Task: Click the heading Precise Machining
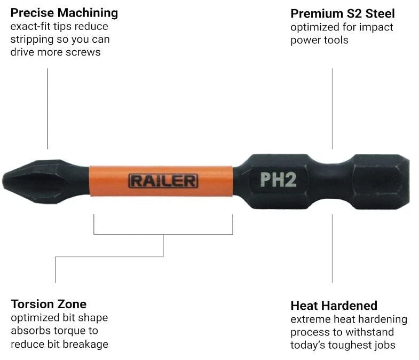tap(64, 13)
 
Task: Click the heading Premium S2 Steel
tap(343, 13)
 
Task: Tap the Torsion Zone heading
tap(49, 304)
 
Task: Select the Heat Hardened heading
tap(334, 306)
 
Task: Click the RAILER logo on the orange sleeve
tap(163, 181)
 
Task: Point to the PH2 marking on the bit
tap(278, 179)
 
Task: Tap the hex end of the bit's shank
tap(381, 182)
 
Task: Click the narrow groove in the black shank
tap(332, 182)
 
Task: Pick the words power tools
tap(319, 40)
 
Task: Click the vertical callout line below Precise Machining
tap(48, 108)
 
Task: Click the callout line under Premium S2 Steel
tap(332, 108)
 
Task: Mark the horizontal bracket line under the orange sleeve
tap(163, 234)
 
